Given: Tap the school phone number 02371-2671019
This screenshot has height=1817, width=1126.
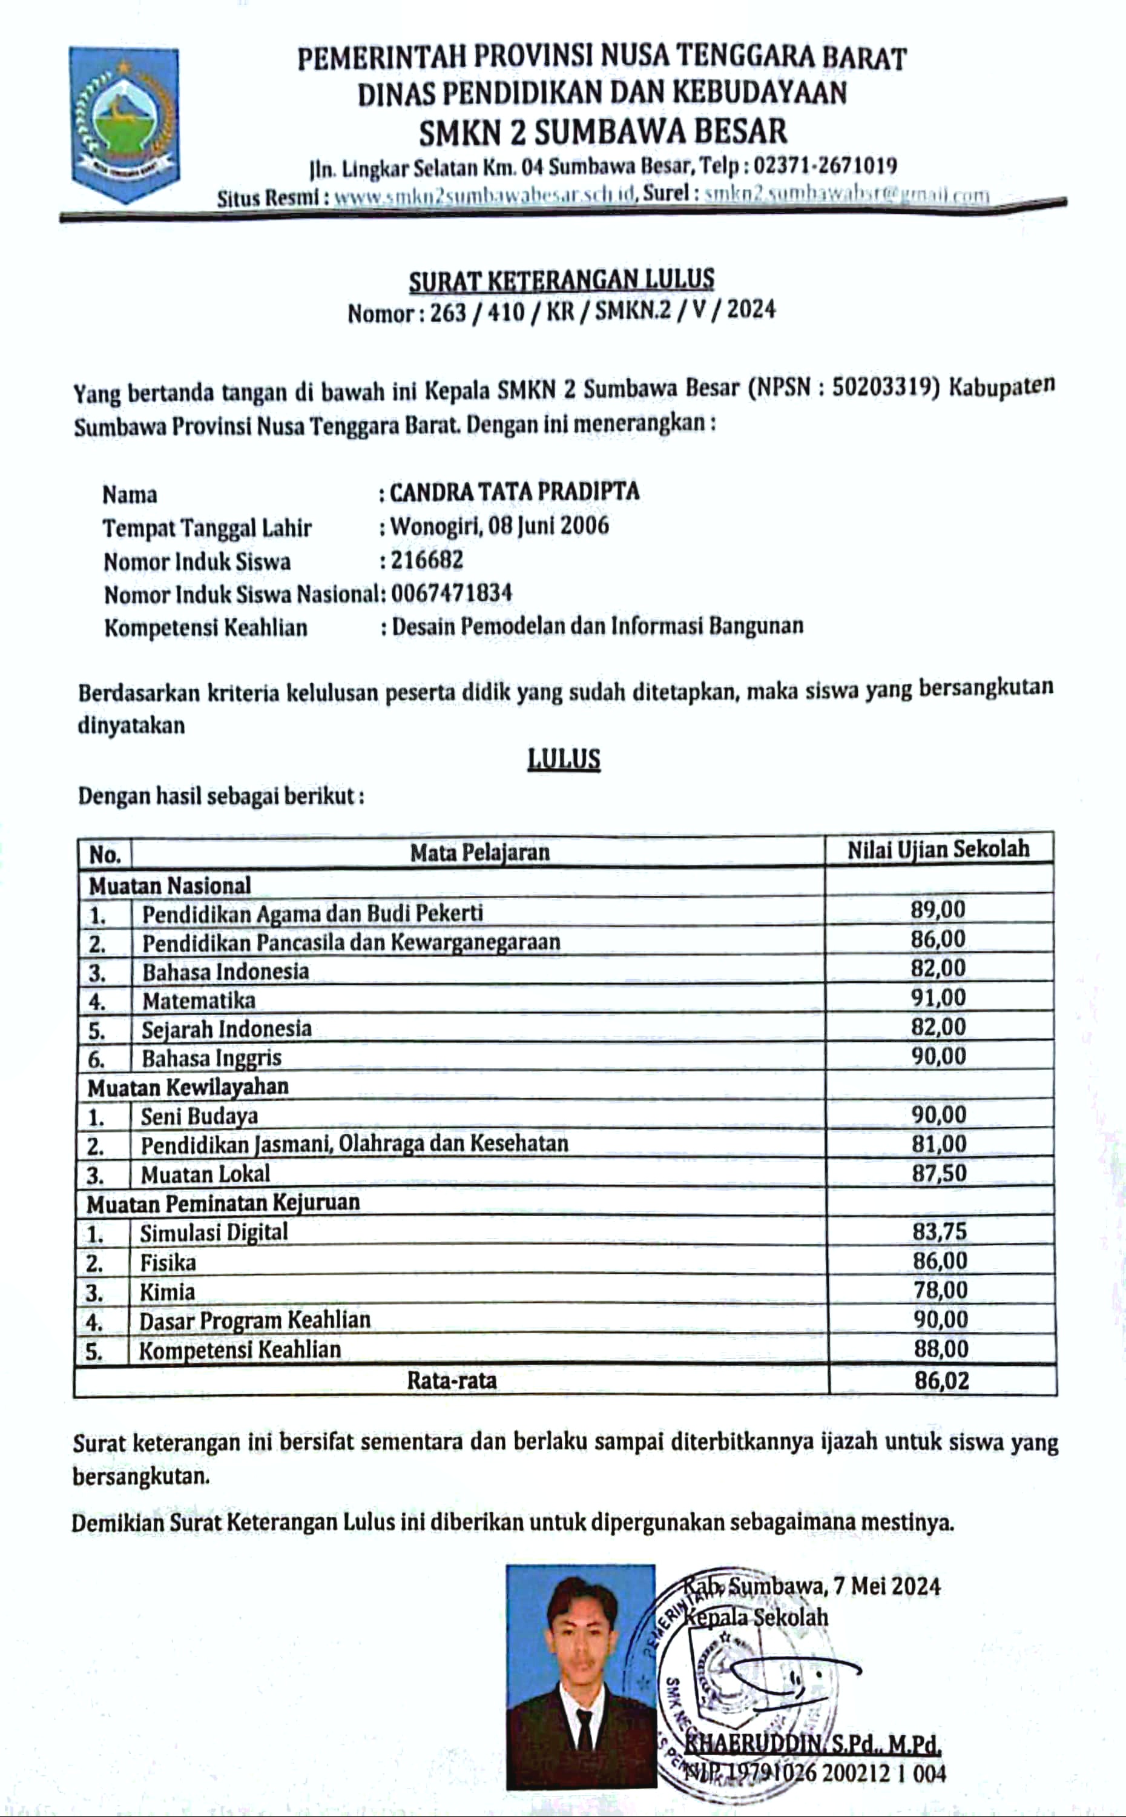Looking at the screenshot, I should (825, 165).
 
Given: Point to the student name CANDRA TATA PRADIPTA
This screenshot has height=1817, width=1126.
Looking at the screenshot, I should (515, 492).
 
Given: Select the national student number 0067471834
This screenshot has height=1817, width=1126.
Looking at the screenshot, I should (451, 593).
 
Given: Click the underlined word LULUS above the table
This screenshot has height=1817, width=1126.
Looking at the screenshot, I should (564, 758).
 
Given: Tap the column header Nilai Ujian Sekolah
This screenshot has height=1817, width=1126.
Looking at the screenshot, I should (938, 849).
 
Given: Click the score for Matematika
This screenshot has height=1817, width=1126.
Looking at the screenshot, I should (938, 998).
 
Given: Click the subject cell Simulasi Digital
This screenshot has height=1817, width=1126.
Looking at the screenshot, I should (214, 1232).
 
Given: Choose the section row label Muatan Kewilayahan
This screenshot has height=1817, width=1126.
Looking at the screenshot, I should (188, 1087).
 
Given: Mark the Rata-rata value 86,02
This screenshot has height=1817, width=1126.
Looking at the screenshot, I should (942, 1380).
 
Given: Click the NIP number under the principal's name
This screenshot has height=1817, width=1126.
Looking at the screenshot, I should (815, 1772).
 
